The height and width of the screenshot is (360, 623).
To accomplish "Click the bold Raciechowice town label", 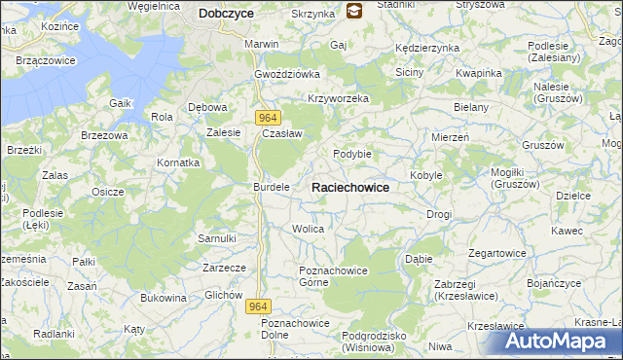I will click(x=350, y=187).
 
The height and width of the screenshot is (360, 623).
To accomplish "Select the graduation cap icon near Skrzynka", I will click(x=353, y=12).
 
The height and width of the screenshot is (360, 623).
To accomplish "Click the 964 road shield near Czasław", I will click(x=271, y=117).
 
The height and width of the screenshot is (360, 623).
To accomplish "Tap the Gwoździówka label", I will click(x=287, y=74).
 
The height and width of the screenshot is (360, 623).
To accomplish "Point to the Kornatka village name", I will click(x=179, y=162).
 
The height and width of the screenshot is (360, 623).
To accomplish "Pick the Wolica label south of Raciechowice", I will click(x=308, y=229).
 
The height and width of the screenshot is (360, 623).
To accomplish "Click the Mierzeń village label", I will click(x=450, y=138).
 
